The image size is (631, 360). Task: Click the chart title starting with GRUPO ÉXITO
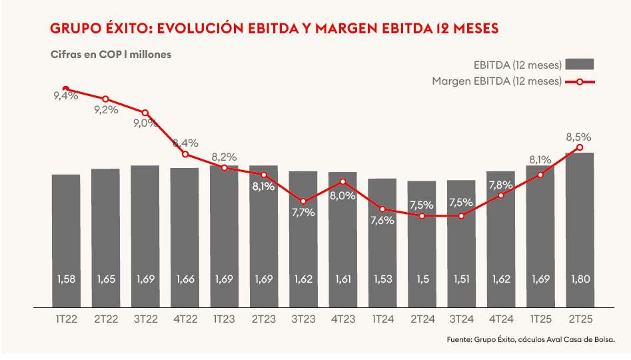tap(275, 29)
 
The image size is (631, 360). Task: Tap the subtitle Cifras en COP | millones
tap(111, 55)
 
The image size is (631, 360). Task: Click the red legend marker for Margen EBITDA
tap(580, 81)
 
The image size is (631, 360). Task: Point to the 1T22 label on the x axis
tap(66, 319)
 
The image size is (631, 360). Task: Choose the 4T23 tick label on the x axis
tap(342, 319)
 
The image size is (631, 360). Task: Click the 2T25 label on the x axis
tap(580, 319)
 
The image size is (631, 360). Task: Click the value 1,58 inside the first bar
tap(66, 279)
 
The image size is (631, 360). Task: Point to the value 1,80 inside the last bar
tap(580, 279)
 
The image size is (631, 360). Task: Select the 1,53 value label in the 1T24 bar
tap(382, 279)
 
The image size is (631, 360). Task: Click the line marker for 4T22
tap(185, 154)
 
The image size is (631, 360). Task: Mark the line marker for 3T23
tap(303, 201)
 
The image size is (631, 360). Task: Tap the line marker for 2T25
tap(580, 147)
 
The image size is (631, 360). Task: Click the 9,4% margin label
tap(66, 96)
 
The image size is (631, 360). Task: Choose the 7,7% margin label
tap(303, 213)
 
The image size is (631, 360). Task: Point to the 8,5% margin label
tap(578, 137)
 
